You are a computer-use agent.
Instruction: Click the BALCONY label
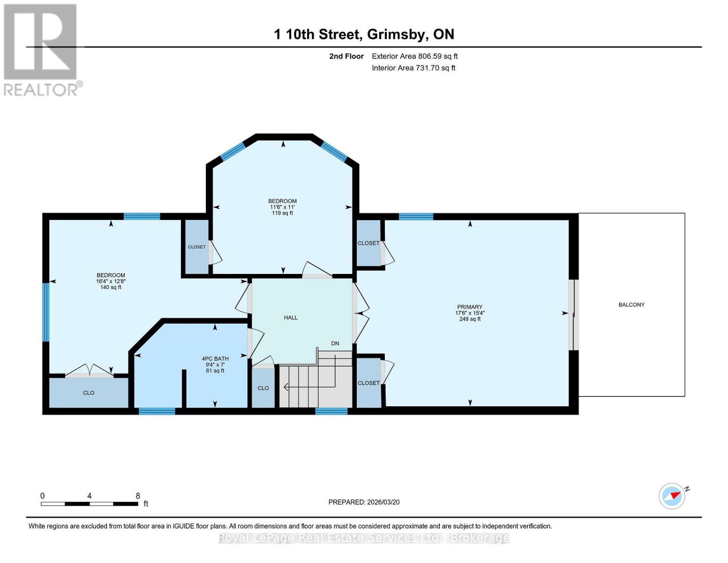point(631,304)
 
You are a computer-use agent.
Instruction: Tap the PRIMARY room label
point(469,307)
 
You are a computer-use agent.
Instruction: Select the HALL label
point(291,318)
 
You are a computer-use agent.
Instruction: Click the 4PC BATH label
point(215,358)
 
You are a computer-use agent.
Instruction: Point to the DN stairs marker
point(335,343)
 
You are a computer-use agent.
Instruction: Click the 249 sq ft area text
point(470,319)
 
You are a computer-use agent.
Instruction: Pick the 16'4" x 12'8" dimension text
point(111,281)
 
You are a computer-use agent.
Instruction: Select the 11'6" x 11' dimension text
point(282,207)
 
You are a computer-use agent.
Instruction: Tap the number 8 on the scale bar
point(137,496)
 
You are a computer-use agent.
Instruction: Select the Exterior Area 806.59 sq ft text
point(414,56)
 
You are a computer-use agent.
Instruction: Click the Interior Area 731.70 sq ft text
point(413,68)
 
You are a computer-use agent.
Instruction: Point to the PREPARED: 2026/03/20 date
point(364,502)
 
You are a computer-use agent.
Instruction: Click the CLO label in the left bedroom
point(89,393)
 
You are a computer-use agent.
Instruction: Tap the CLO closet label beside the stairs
point(263,388)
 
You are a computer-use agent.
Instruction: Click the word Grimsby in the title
point(397,34)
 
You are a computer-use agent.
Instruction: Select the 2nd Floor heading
point(346,56)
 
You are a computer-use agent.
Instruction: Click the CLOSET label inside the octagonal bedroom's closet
point(196,247)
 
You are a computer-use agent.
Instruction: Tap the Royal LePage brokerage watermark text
point(364,538)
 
